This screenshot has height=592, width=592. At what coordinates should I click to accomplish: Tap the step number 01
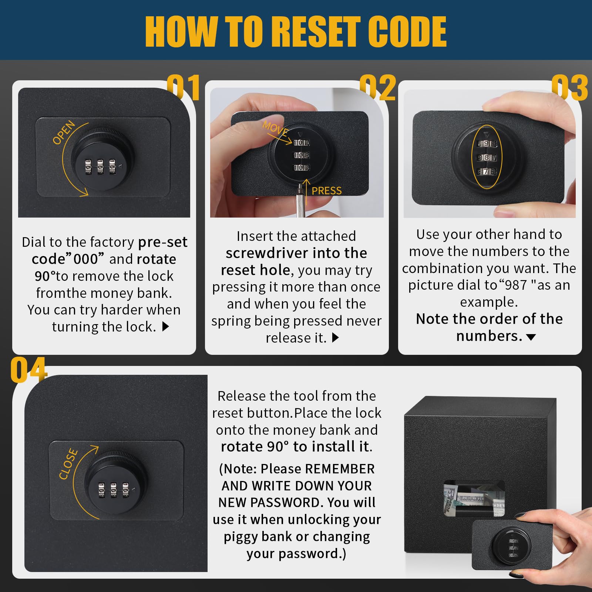[184, 87]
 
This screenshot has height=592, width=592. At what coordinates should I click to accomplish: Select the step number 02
[377, 87]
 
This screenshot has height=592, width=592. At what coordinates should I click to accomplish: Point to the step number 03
[569, 87]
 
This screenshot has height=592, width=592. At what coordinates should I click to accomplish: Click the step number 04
[28, 370]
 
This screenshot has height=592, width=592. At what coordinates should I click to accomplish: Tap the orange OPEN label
[64, 132]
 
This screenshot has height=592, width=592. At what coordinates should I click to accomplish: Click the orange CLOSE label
[68, 464]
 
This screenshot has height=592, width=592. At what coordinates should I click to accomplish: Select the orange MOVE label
[275, 128]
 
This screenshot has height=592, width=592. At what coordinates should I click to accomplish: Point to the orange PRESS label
[327, 191]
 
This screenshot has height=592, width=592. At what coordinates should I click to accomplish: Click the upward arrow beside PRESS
[306, 187]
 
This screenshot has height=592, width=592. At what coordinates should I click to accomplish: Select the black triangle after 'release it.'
[335, 337]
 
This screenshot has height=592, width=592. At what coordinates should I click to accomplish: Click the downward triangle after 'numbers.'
[531, 337]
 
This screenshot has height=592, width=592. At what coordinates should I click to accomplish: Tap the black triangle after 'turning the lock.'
[165, 326]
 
